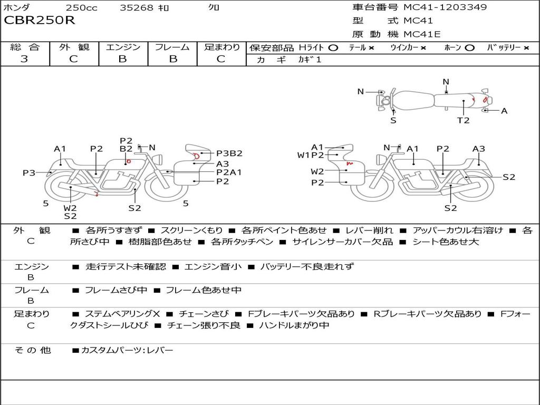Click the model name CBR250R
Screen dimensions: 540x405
tap(39, 21)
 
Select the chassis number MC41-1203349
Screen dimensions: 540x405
tap(445, 7)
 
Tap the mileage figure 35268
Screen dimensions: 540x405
tap(136, 7)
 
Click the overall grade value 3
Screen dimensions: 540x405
tap(24, 59)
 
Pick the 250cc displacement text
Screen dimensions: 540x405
tap(81, 7)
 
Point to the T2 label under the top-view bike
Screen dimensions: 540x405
tap(463, 120)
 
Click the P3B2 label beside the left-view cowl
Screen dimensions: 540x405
tap(229, 153)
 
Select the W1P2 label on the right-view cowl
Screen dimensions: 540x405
tap(311, 156)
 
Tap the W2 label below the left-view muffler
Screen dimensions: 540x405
tap(70, 208)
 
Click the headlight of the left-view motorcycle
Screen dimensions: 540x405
tap(159, 160)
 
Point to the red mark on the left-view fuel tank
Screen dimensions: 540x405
tap(129, 161)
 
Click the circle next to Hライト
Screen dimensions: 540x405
tap(333, 48)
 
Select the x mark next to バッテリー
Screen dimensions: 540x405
tap(526, 48)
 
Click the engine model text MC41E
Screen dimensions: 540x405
tap(422, 34)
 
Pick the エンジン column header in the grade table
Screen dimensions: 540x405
tap(123, 47)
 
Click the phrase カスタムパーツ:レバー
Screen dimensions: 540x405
tap(127, 350)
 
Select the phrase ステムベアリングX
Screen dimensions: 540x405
tap(122, 314)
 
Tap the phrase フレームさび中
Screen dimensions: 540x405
tap(116, 291)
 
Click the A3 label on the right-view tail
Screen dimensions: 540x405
tap(478, 149)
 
